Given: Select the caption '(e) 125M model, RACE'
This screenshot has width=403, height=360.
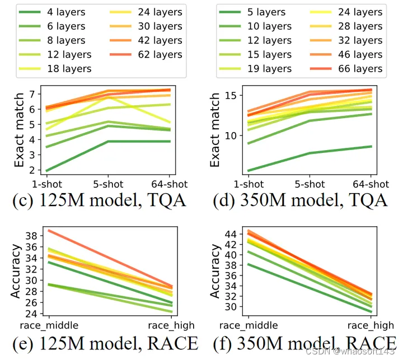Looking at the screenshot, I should click(105, 342).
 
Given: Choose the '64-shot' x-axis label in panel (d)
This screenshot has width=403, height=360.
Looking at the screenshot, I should click(371, 184).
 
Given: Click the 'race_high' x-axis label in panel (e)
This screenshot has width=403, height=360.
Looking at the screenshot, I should click(171, 324).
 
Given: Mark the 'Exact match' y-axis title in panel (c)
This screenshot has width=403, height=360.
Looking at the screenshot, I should click(18, 130).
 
